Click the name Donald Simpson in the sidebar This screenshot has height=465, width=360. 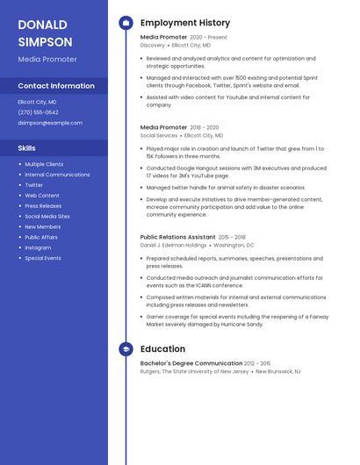click(x=46, y=32)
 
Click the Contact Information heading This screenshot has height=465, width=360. click(x=56, y=86)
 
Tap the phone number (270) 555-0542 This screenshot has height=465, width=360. click(x=38, y=112)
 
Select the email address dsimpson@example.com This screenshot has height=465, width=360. click(x=44, y=123)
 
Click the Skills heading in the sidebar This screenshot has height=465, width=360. click(x=26, y=148)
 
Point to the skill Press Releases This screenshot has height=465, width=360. click(x=43, y=206)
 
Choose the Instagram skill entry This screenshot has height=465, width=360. click(x=38, y=247)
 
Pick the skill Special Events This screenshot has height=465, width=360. click(x=43, y=258)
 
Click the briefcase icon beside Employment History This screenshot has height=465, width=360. click(x=126, y=23)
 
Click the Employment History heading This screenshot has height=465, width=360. click(x=185, y=23)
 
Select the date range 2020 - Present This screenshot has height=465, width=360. click(x=208, y=38)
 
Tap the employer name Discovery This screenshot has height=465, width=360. click(x=152, y=45)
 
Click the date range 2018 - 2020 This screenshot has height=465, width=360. click(x=204, y=127)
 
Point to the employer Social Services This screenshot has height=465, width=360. click(x=159, y=136)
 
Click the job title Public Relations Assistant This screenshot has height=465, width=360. click(x=177, y=237)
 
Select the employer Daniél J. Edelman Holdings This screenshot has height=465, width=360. click(x=173, y=246)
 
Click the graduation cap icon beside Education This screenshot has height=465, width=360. click(x=126, y=349)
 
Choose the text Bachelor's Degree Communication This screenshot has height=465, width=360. click(x=191, y=363)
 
